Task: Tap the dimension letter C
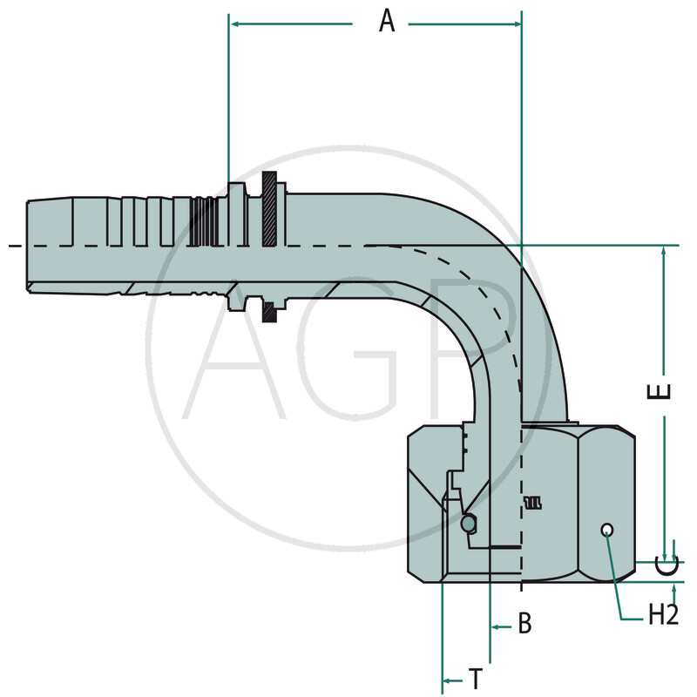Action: coord(666,567)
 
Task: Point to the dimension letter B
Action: coord(524,624)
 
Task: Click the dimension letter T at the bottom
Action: coord(476,678)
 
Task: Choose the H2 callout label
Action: coord(663,615)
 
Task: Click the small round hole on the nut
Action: coord(607,531)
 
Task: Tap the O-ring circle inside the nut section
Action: coord(469,524)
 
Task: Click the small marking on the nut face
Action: coord(532,502)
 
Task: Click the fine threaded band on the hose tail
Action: coord(202,222)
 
